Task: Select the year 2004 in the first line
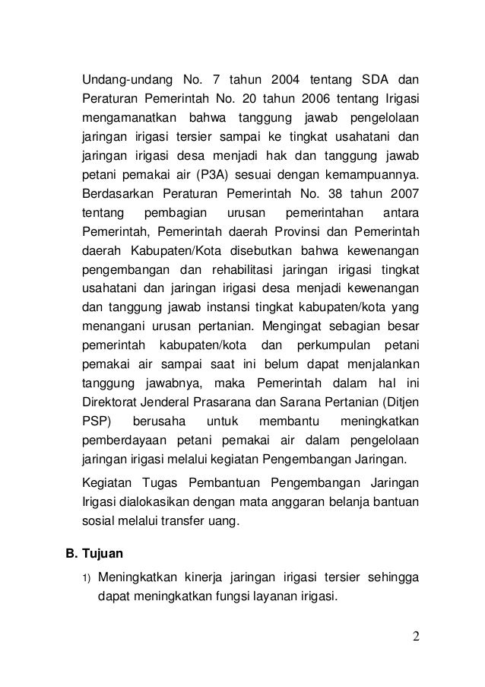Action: (283, 81)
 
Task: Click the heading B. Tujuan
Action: (93, 555)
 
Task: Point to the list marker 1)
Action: (86, 576)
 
